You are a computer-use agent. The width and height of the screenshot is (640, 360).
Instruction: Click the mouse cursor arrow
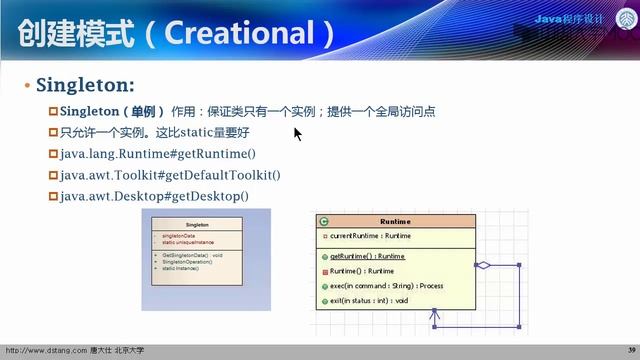[297, 132]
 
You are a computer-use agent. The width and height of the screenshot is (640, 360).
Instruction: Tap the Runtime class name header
[395, 221]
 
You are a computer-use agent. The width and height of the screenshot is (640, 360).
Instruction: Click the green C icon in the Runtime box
[324, 221]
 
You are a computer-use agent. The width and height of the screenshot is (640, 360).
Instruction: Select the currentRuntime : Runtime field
[369, 236]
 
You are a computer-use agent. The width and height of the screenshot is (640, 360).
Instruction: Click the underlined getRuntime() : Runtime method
[367, 256]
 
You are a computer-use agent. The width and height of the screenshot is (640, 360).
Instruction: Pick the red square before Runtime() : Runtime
[324, 271]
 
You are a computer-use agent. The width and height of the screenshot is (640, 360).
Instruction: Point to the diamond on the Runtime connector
[484, 265]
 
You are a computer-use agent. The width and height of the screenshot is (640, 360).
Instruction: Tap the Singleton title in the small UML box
[197, 226]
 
